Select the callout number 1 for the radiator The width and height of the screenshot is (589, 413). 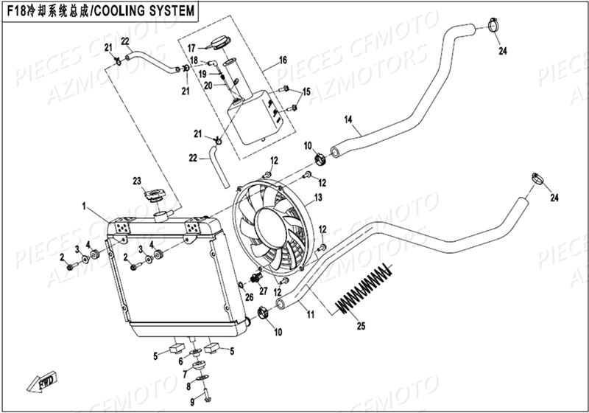tap(85, 204)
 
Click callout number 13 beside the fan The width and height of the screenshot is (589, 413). tap(318, 198)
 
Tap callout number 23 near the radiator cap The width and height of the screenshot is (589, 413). tap(136, 181)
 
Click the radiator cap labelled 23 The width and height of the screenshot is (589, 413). tap(155, 197)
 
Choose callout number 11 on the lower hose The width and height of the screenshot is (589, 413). tap(311, 315)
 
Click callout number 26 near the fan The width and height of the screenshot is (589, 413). tap(249, 298)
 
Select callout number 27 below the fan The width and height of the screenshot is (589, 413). tap(263, 291)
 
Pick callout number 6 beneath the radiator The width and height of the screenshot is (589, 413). tap(180, 361)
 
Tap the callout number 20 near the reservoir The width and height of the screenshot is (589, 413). tap(208, 86)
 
